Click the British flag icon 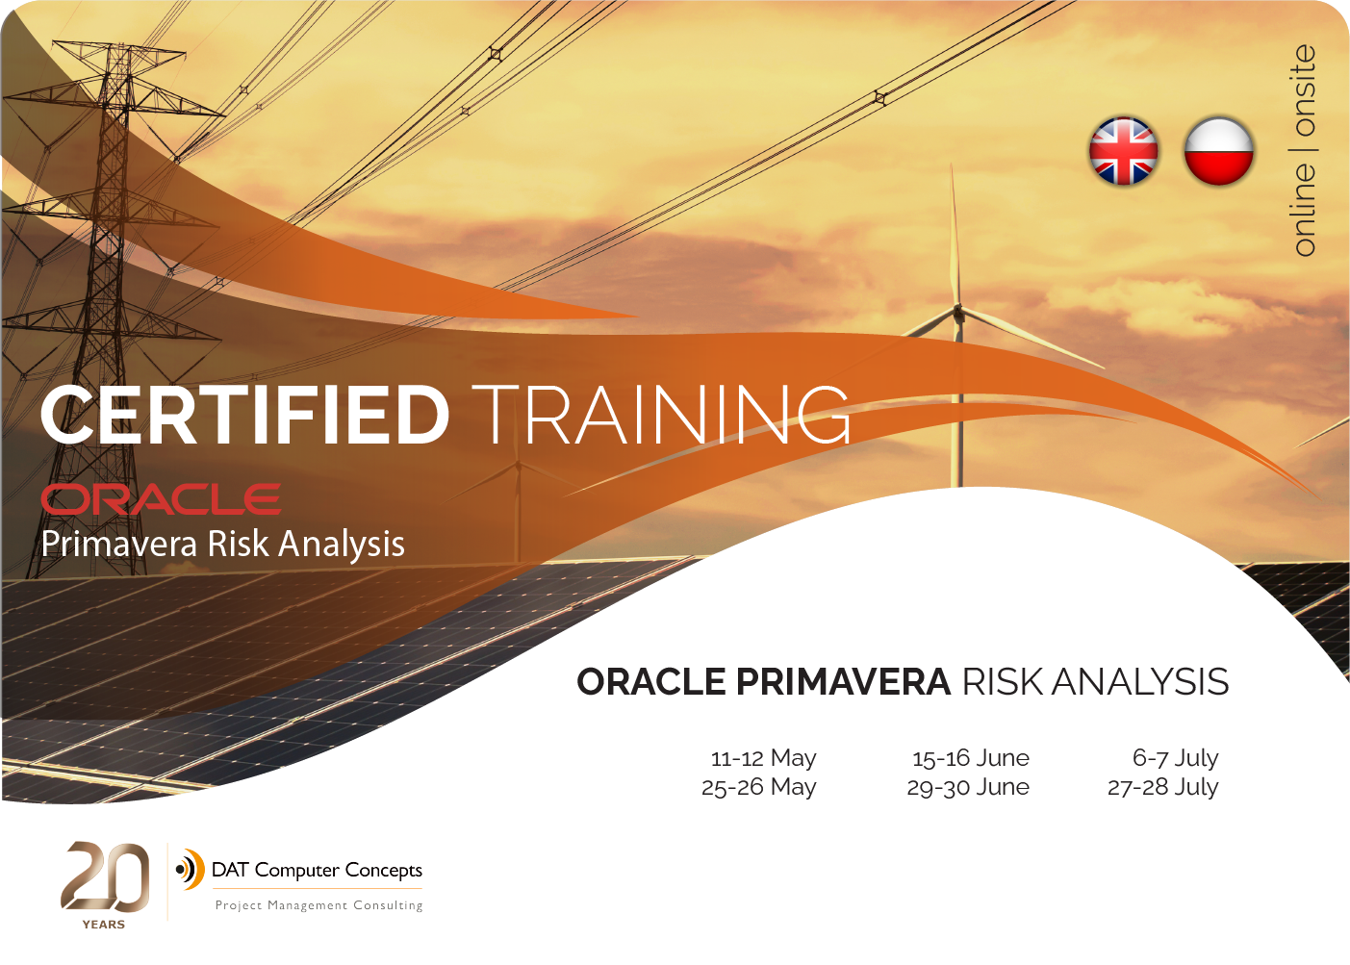1123,151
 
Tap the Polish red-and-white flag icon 1219,151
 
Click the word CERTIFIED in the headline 244,416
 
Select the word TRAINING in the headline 661,416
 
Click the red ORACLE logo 161,499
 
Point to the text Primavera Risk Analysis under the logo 222,545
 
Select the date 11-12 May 764,757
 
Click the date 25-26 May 759,787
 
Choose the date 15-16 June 970,757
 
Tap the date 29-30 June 968,787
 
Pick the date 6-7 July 1175,757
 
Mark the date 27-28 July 1162,787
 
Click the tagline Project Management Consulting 318,905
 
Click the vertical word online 1304,210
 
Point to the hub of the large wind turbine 957,311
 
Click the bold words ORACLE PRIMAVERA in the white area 764,682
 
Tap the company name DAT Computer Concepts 317,870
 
